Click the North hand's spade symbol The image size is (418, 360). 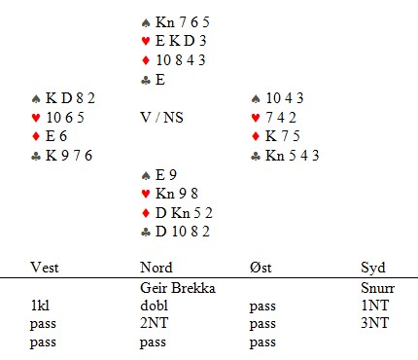tap(146, 22)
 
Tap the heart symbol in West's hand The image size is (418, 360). tap(36, 118)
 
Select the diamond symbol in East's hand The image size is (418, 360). tap(256, 136)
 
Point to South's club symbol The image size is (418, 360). tap(146, 232)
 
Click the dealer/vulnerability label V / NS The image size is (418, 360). tap(162, 118)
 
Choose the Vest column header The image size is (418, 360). tap(45, 268)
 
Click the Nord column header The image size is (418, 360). tap(157, 268)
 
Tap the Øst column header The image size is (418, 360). tap(261, 268)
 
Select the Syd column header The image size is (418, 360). tap(373, 269)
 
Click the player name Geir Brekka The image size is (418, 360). tap(178, 288)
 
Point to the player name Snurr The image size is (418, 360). tap(377, 288)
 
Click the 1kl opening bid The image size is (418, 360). tap(40, 306)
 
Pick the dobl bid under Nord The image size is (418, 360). tap(155, 306)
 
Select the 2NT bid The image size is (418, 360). tap(155, 323)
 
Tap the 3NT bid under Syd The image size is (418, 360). tap(374, 323)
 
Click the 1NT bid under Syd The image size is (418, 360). tap(374, 306)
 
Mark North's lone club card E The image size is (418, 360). tap(160, 80)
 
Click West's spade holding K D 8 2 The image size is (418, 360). tap(70, 98)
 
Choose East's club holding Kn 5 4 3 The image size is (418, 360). tap(293, 156)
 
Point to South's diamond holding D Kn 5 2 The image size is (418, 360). tap(184, 213)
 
